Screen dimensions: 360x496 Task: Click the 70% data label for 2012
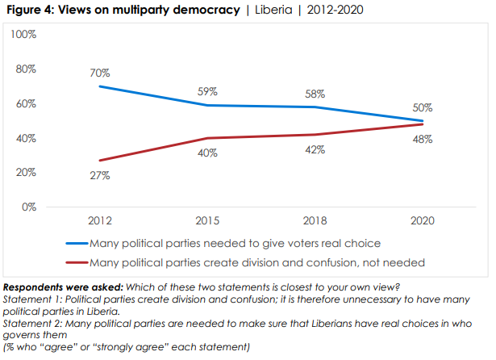click(100, 73)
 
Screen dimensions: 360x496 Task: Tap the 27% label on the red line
click(100, 176)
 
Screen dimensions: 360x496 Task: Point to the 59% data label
click(208, 91)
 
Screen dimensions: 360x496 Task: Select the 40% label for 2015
click(208, 153)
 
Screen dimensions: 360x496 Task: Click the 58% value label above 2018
click(315, 93)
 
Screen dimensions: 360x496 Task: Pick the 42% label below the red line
click(315, 149)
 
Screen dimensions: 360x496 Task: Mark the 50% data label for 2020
click(423, 107)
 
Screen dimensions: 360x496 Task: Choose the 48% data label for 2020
click(423, 139)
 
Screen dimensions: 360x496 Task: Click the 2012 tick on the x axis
click(100, 220)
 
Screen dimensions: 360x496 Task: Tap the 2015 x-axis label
click(208, 220)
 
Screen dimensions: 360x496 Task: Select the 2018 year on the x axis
click(315, 220)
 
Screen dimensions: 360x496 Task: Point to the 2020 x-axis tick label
click(423, 220)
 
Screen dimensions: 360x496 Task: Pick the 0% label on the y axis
click(30, 207)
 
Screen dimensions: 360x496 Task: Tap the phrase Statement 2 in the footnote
click(31, 323)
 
